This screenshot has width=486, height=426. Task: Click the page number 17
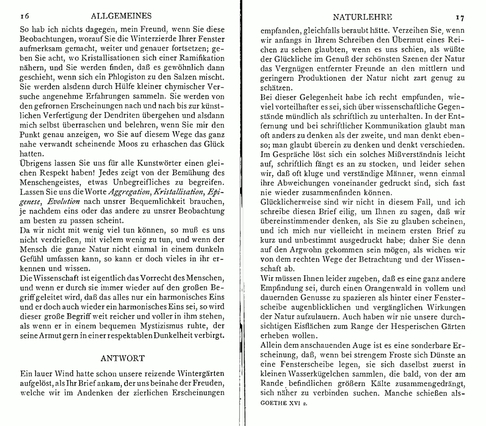(x=460, y=17)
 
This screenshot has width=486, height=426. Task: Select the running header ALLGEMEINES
(x=122, y=16)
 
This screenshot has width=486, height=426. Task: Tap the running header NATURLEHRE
(x=362, y=17)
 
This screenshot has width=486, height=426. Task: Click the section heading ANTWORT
(x=122, y=358)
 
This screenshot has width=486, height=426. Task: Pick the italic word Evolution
(x=63, y=201)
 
